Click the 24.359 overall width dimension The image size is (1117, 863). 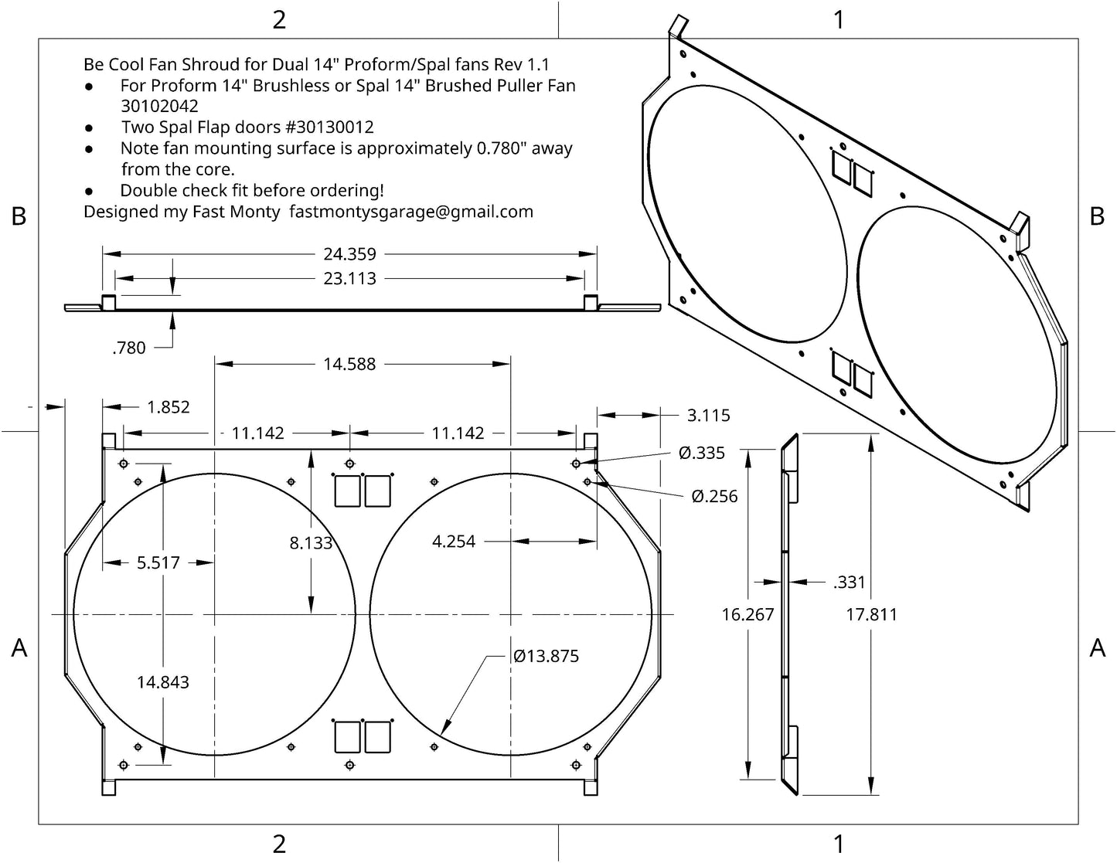click(x=349, y=253)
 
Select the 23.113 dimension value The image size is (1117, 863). click(x=349, y=278)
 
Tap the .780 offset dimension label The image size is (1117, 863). click(x=128, y=348)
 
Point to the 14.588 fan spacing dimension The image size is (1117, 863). click(x=349, y=364)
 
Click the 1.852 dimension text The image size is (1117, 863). click(x=168, y=407)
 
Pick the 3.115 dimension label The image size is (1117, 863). click(x=708, y=416)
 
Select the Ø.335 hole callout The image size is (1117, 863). click(x=701, y=453)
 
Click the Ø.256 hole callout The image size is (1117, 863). click(x=714, y=496)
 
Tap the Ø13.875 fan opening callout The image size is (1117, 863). click(x=546, y=656)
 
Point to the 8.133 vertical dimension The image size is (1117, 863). click(x=311, y=543)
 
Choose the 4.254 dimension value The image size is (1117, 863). click(x=453, y=542)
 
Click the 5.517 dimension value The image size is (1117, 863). click(x=158, y=562)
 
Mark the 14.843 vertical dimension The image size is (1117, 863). click(x=163, y=682)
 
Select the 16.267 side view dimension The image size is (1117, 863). click(x=748, y=615)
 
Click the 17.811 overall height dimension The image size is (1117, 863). click(x=871, y=615)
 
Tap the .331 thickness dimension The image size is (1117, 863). click(x=849, y=582)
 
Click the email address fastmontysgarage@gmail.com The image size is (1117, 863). click(x=411, y=212)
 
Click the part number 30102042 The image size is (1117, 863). click(x=159, y=107)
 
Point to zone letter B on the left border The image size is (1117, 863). click(x=19, y=217)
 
